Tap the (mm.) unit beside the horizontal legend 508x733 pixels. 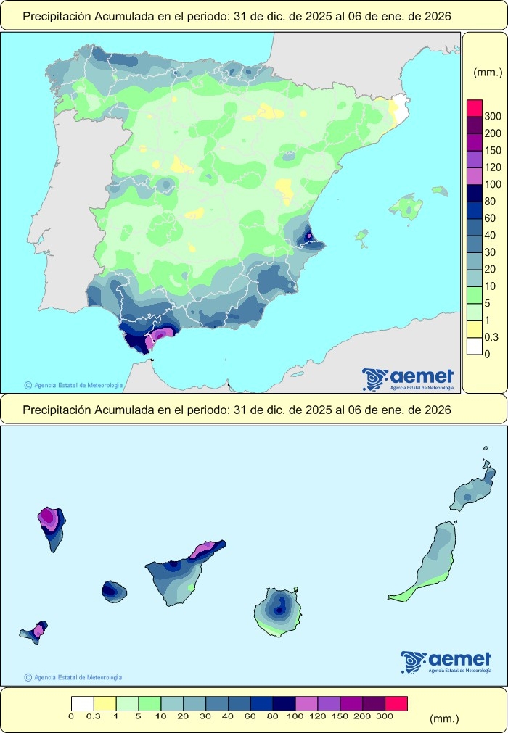tap(444, 718)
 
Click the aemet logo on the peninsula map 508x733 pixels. tap(409, 378)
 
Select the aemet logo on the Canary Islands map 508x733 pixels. tap(446, 661)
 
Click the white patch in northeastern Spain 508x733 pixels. tap(396, 110)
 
